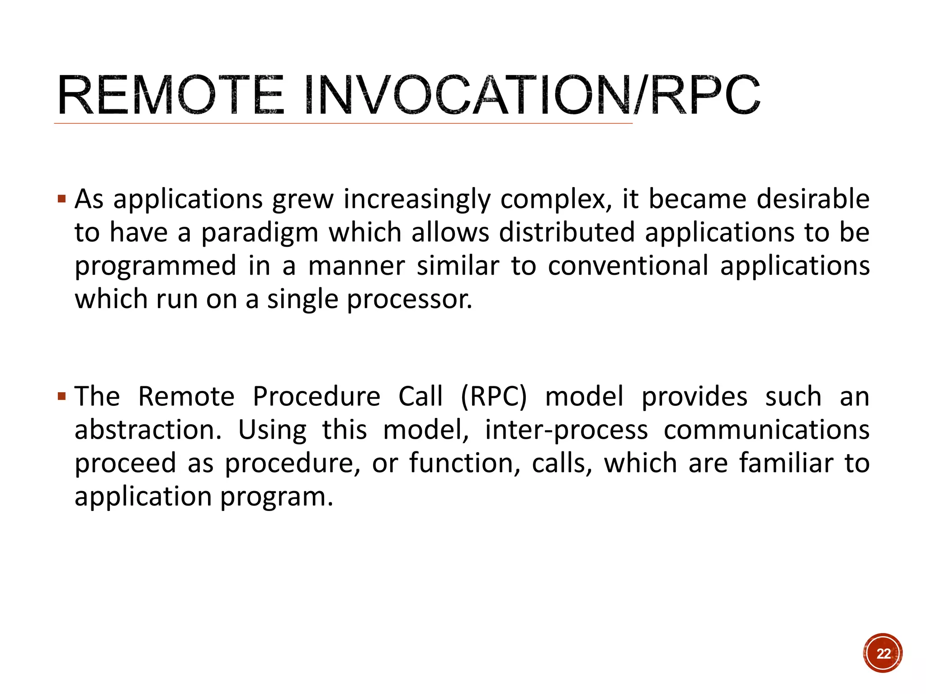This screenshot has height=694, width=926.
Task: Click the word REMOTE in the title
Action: pos(170,96)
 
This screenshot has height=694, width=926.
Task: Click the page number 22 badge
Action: pos(883,653)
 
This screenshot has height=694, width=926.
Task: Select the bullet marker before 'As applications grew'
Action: pos(62,198)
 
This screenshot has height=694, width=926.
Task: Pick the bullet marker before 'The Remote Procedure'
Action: pos(62,397)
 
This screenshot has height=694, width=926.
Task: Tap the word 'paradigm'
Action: pos(260,233)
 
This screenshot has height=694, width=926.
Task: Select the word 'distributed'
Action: pos(567,232)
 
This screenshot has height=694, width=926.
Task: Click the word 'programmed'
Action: pos(156,266)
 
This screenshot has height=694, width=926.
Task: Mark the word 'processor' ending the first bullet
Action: pos(409,300)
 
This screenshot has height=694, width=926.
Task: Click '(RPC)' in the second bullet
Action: pos(494,397)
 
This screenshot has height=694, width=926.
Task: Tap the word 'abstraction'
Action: pos(147,430)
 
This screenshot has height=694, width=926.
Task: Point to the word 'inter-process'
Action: pos(567,431)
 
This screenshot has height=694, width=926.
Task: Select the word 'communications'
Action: pos(766,430)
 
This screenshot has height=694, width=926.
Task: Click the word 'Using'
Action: pos(272,431)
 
